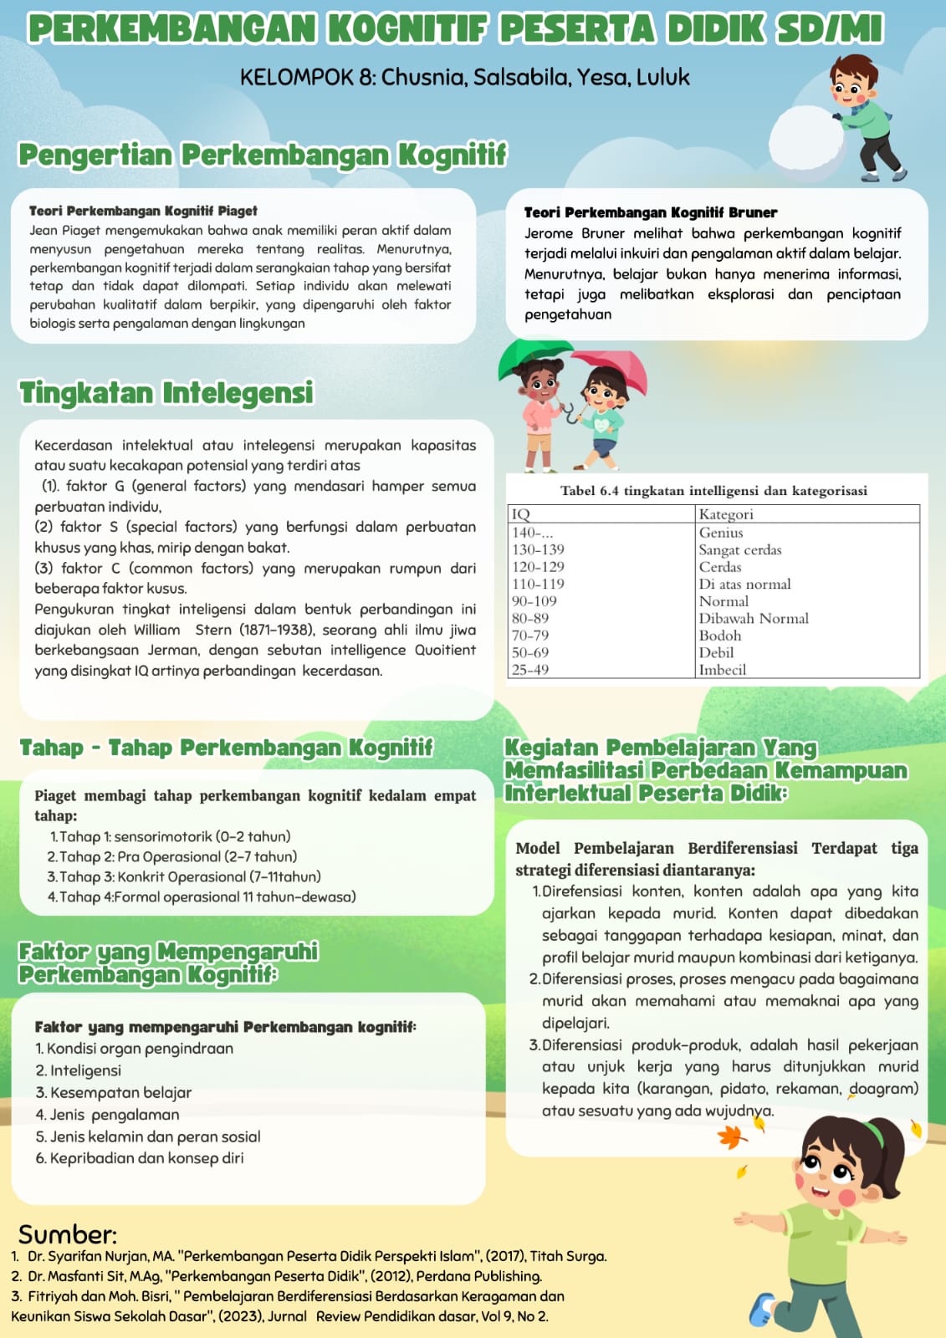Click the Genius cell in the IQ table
pos(721,533)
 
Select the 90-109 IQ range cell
pos(534,601)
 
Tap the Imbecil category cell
pos(723,670)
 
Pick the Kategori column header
pos(726,514)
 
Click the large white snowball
pos(806,143)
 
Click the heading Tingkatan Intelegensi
pos(166,393)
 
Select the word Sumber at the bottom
pos(67,1235)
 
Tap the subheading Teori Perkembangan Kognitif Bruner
pos(650,212)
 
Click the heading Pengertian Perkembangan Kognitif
pos(263,155)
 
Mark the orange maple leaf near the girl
pos(733,1136)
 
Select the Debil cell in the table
pos(717,652)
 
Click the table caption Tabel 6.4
pos(713,491)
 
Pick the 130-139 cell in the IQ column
pos(538,549)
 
